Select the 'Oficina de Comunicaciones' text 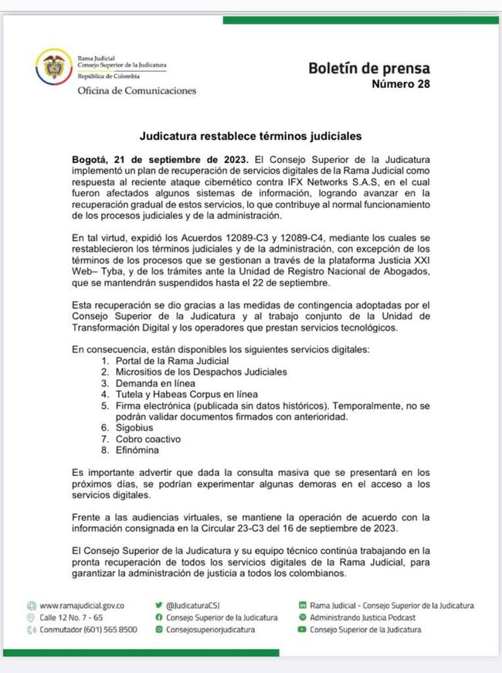tap(137, 90)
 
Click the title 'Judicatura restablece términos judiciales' tap(250, 136)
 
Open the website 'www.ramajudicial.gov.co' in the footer tap(82, 606)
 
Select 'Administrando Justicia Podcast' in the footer tap(363, 618)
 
